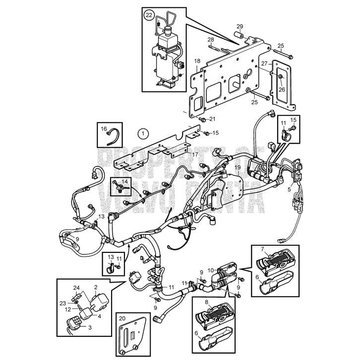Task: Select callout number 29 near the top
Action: pyautogui.click(x=240, y=26)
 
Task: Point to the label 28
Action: pyautogui.click(x=210, y=40)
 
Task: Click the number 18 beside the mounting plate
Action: pyautogui.click(x=197, y=61)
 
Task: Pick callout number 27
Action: pyautogui.click(x=264, y=64)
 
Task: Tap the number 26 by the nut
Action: pyautogui.click(x=281, y=89)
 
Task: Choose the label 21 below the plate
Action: pyautogui.click(x=212, y=119)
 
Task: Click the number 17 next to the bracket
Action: pyautogui.click(x=196, y=155)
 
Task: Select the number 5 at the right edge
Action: pyautogui.click(x=289, y=188)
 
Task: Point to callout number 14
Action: pyautogui.click(x=124, y=182)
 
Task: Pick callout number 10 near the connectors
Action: pyautogui.click(x=211, y=270)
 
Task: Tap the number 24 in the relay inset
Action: pyautogui.click(x=76, y=288)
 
